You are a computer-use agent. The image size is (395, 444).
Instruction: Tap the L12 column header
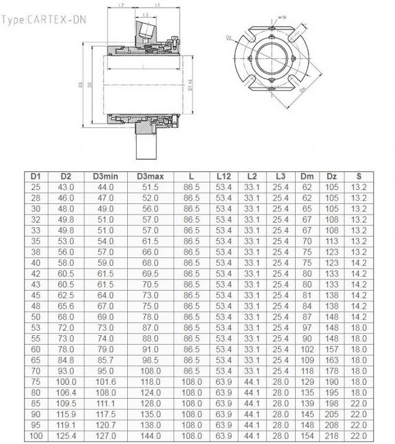pos(224,176)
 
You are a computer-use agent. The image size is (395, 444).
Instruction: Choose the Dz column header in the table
pos(332,176)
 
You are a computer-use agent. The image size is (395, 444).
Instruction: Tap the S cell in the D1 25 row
pos(359,186)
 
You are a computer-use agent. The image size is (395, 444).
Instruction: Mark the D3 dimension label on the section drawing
pos(81,85)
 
